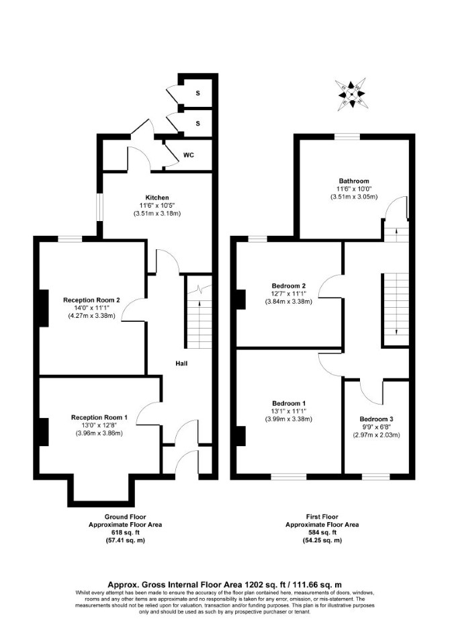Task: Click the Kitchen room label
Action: point(157,198)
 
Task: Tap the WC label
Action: point(189,155)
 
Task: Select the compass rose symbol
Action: point(352,94)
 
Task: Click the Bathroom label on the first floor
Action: point(354,181)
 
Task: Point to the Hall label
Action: point(181,364)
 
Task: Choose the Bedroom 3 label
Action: point(376,419)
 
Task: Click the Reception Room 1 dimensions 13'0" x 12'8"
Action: point(99,425)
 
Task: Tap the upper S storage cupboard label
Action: point(197,93)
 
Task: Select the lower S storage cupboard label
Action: point(197,123)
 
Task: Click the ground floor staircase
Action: point(199,316)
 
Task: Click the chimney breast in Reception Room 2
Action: point(44,308)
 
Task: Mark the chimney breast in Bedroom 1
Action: point(241,436)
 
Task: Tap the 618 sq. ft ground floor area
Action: point(125,533)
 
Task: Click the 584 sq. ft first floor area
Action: point(322,533)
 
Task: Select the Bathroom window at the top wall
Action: point(347,136)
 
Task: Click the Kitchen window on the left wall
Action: point(99,207)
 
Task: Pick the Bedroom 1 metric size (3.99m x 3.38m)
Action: point(289,419)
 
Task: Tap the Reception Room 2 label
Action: point(91,300)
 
